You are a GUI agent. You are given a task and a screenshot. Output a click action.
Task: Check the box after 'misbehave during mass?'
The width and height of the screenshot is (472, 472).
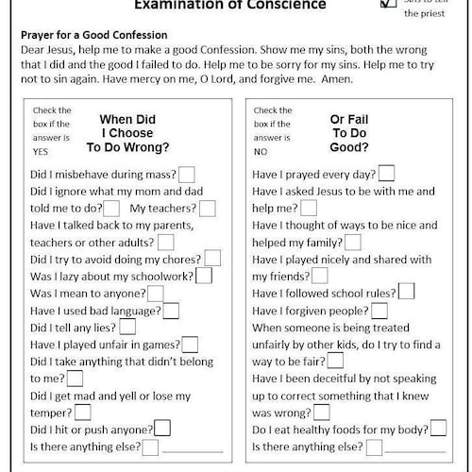tap(187, 174)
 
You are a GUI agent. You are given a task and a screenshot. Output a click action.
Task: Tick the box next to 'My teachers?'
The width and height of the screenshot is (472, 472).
tap(207, 208)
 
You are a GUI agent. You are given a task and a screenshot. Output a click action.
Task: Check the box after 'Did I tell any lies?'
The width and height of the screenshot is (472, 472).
tap(127, 327)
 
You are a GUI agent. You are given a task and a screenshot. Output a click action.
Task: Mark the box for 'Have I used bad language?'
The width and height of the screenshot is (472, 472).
tap(171, 310)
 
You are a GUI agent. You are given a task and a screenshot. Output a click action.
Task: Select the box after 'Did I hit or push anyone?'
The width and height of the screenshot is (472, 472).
tap(161, 430)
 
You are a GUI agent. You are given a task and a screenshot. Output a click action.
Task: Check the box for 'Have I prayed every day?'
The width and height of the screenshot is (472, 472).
tap(385, 174)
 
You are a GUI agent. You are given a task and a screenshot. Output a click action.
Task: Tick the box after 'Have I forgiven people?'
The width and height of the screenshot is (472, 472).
tap(379, 310)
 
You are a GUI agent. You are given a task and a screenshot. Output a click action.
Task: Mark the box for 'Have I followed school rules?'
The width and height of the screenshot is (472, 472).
tap(406, 292)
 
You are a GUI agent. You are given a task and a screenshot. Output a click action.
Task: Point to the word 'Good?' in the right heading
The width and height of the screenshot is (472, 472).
tap(349, 148)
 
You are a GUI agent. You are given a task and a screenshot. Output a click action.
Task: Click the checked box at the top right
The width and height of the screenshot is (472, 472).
tap(388, 4)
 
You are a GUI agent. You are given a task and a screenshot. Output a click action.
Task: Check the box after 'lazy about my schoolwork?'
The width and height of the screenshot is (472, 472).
tap(205, 276)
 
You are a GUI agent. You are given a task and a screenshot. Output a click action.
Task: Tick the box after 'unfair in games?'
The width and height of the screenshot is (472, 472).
tap(190, 344)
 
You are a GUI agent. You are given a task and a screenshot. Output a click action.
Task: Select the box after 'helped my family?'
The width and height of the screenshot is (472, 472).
tap(353, 242)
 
